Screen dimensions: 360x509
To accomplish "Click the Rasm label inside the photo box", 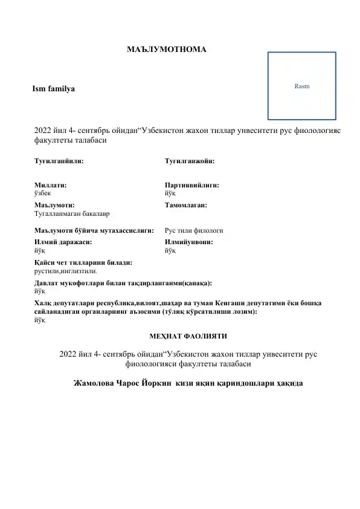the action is tap(301, 86).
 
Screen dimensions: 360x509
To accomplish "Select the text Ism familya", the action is tap(54, 89).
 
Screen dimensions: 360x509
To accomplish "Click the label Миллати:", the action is tap(51, 185).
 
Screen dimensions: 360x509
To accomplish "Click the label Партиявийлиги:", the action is tap(191, 185).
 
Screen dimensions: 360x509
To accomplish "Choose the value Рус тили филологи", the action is tap(194, 230).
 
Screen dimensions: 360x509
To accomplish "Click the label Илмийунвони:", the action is tap(189, 241).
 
